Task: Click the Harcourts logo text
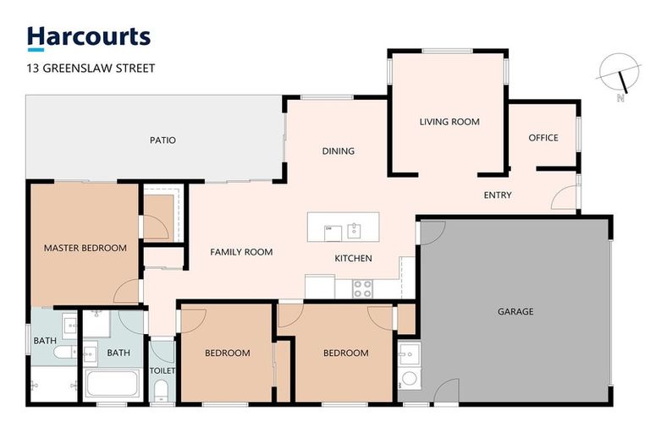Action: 89,36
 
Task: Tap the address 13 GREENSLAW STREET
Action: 91,68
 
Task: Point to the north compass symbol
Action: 620,77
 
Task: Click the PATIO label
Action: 162,140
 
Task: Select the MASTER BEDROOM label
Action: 85,248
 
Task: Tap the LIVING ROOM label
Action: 449,122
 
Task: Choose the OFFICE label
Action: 543,138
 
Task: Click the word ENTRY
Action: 498,195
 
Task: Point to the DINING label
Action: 338,151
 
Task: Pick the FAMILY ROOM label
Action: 241,252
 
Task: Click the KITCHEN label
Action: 353,258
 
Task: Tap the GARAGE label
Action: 515,311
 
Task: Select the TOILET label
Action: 162,370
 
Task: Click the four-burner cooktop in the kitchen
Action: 362,288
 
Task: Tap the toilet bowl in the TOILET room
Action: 162,389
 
